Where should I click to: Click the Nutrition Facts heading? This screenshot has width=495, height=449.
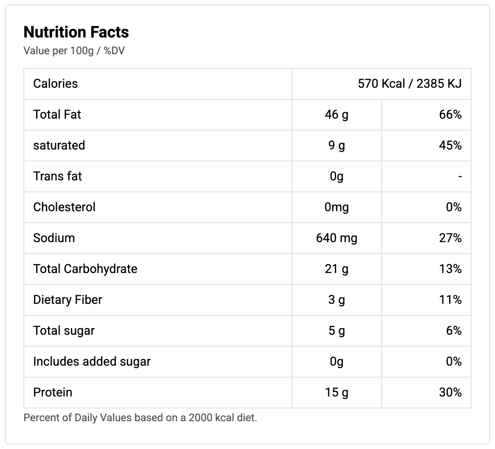[x=76, y=32]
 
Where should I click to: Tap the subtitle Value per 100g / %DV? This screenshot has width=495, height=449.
[x=74, y=51]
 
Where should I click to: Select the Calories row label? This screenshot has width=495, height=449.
[x=56, y=84]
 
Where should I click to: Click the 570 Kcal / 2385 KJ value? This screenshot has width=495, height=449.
[x=409, y=84]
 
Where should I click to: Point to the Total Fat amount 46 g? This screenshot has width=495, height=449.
[x=337, y=115]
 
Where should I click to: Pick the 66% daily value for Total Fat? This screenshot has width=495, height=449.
[x=450, y=115]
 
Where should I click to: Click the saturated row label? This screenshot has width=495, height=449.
[x=59, y=146]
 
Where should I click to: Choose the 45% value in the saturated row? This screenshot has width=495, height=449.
[x=450, y=146]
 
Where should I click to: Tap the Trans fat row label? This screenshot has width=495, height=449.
[x=58, y=176]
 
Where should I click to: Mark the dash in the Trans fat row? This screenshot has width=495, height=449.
[x=460, y=177]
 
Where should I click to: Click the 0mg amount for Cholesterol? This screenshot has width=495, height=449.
[x=337, y=207]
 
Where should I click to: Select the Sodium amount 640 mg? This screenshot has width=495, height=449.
[x=337, y=238]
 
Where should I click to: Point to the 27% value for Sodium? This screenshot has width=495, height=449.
[x=450, y=238]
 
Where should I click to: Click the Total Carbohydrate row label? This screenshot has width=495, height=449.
[x=85, y=269]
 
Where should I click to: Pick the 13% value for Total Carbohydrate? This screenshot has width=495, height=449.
[x=450, y=269]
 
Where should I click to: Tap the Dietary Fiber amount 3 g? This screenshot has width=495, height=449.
[x=337, y=300]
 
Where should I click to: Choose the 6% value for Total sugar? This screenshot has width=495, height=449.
[x=454, y=331]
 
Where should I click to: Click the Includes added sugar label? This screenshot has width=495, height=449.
[x=92, y=362]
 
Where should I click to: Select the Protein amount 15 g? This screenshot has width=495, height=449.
[x=337, y=393]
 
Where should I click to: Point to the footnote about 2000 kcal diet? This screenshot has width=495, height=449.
[x=140, y=417]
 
